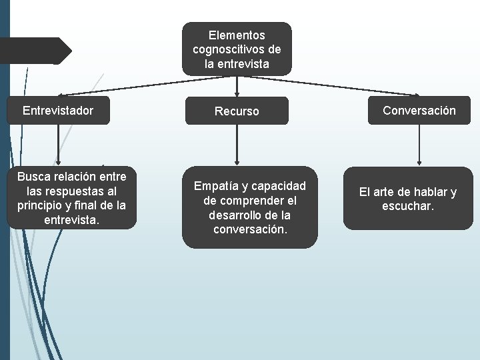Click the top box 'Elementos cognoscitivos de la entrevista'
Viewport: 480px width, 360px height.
pos(237,49)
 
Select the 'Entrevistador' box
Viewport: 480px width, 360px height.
pos(58,110)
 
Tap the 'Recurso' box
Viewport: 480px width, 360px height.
pos(237,111)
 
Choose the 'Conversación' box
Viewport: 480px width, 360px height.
pos(419,111)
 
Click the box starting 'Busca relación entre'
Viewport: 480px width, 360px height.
pos(71,198)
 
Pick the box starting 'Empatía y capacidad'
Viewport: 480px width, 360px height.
pos(249,207)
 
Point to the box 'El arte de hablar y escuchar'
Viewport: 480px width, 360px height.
pos(408,199)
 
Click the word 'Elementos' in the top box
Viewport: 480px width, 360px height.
pos(237,35)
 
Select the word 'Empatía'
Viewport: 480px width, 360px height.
pos(215,186)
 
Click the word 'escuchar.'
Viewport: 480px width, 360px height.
pos(408,207)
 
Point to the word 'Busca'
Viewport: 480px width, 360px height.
pos(33,177)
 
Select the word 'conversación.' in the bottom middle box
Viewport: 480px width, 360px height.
pos(249,230)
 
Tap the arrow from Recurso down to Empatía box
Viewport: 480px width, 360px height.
pos(237,145)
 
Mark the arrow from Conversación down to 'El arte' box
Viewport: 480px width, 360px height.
pos(419,144)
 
